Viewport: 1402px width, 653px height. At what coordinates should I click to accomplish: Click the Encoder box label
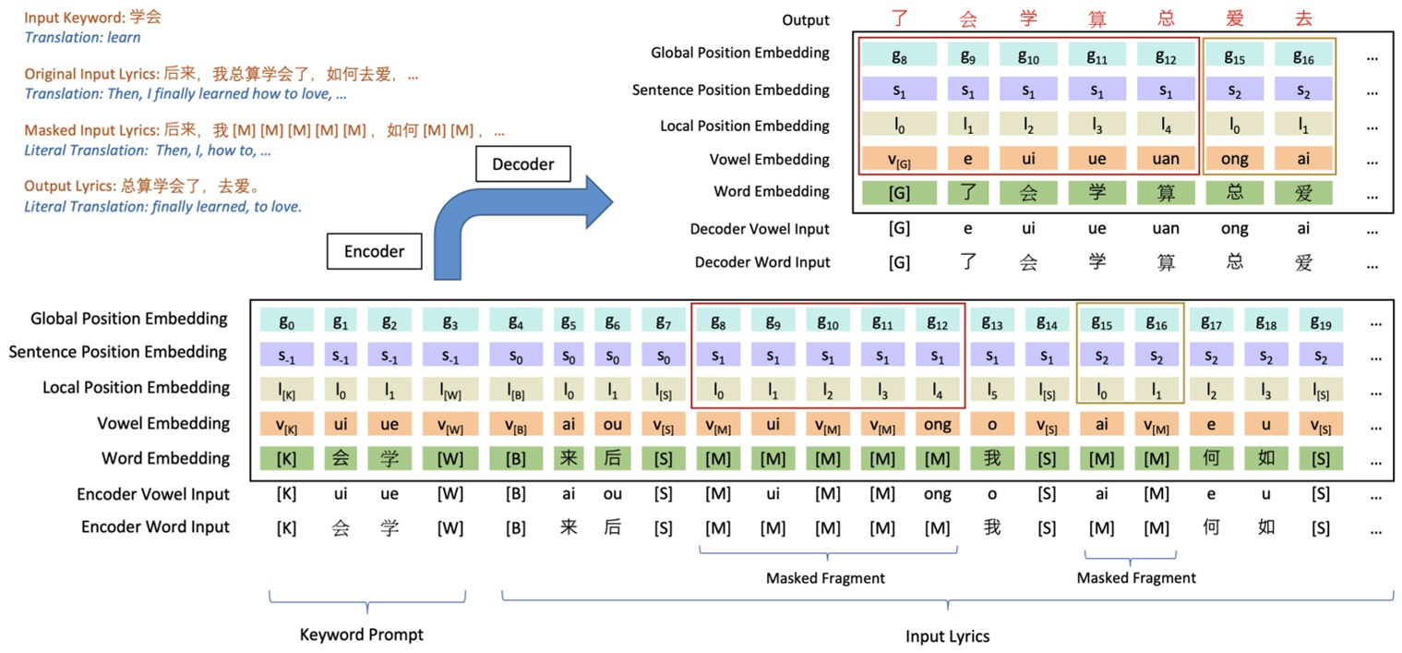(375, 251)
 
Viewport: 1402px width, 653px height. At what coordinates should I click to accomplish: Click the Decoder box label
(523, 164)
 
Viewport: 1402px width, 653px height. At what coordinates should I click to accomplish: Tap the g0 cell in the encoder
(286, 320)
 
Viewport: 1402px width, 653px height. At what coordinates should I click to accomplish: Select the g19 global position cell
(1321, 320)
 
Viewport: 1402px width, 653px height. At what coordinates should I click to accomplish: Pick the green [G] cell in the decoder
(899, 193)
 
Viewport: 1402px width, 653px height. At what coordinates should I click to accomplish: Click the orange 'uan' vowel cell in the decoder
(1166, 159)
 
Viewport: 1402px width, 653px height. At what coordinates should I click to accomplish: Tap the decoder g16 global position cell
(1303, 56)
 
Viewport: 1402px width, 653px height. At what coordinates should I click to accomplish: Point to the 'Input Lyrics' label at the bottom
(948, 636)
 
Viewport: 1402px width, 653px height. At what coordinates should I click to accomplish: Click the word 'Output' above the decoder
(806, 20)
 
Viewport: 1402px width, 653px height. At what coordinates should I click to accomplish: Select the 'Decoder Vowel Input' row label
(760, 229)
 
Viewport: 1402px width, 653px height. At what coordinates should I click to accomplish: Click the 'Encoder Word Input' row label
(155, 527)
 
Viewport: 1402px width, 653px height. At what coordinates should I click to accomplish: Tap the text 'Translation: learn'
(83, 38)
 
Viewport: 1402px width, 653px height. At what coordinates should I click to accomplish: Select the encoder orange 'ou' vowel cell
(612, 425)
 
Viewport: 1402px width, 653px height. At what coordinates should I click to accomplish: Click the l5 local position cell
(992, 390)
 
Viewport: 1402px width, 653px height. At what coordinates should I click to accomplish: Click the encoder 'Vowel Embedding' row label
(163, 424)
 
